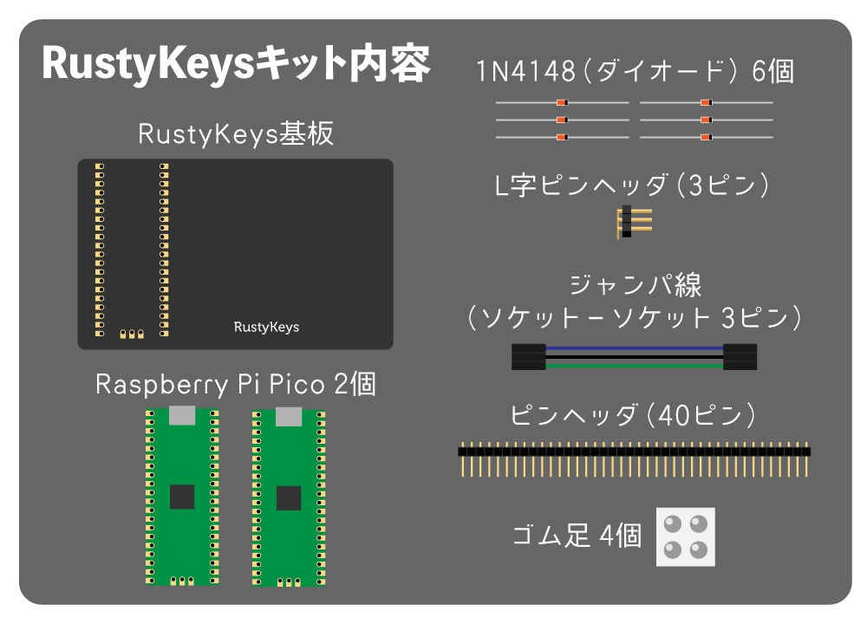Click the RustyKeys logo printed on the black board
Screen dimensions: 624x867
266,327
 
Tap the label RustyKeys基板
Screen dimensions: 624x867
235,134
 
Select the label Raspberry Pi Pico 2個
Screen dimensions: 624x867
235,384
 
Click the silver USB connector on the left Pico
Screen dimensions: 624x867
182,415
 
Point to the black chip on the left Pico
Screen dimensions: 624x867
182,497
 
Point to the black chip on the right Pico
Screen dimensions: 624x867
289,497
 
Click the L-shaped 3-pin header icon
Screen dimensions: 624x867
634,223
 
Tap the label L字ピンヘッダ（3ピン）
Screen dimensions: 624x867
633,185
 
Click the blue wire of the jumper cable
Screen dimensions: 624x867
634,348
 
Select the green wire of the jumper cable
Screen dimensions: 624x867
634,365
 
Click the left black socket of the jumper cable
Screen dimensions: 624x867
528,356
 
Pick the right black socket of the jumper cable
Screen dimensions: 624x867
740,356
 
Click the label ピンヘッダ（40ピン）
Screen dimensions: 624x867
633,415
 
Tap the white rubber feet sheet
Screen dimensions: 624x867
685,536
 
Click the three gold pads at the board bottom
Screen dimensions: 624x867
131,333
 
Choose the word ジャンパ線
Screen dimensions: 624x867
635,285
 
